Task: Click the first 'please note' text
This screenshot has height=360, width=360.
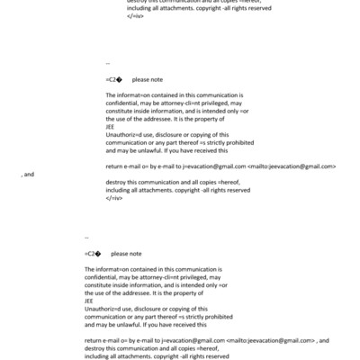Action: click(147, 80)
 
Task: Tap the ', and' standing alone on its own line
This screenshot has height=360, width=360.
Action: click(27, 174)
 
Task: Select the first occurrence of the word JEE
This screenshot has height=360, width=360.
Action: click(110, 127)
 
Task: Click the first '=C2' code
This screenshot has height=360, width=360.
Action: click(112, 80)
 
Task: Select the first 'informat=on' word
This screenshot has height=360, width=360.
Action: click(134, 95)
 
